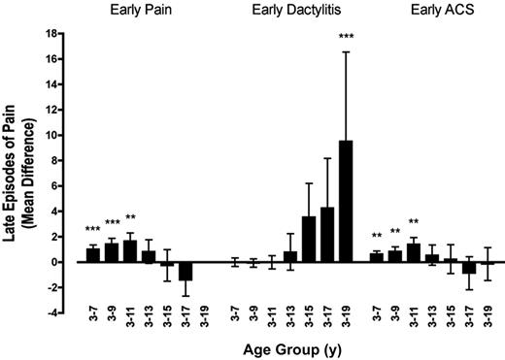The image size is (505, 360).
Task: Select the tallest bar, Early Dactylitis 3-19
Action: [347, 201]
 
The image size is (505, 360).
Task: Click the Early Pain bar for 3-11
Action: [130, 251]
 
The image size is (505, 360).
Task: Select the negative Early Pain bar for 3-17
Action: [185, 271]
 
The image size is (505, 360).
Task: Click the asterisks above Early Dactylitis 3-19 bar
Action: [347, 38]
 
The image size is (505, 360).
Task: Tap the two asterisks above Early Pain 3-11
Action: [130, 218]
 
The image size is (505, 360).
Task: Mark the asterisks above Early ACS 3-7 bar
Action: [376, 236]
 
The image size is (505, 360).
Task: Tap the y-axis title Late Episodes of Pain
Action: [19, 175]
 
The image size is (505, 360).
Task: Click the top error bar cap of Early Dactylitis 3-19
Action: [347, 51]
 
